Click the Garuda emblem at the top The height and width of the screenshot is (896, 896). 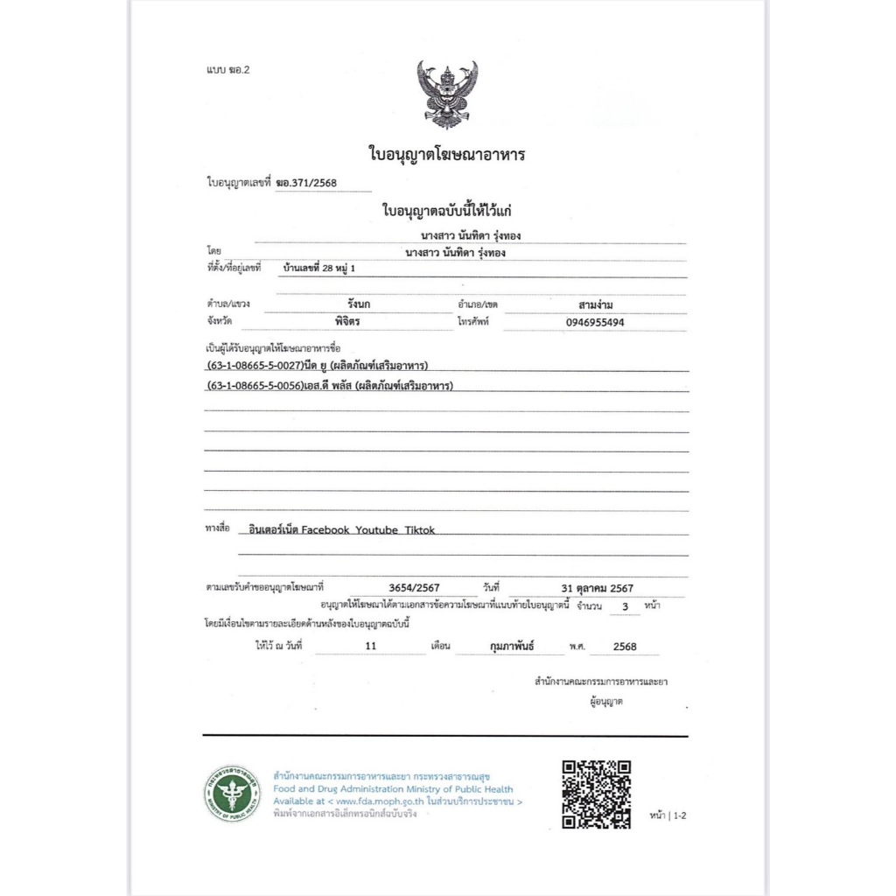[x=447, y=94]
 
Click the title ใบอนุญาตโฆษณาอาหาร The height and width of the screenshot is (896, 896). [x=446, y=155]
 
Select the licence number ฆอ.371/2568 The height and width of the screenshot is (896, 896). [x=306, y=183]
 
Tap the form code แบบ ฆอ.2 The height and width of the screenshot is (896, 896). [x=223, y=68]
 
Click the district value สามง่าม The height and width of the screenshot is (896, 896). [x=595, y=304]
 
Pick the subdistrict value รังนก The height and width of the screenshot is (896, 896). [x=359, y=304]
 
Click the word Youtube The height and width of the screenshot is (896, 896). [x=377, y=530]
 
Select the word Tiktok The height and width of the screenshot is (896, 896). [x=419, y=530]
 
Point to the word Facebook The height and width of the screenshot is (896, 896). [x=325, y=530]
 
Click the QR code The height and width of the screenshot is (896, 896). [x=596, y=794]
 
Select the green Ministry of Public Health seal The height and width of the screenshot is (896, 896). [x=233, y=794]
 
